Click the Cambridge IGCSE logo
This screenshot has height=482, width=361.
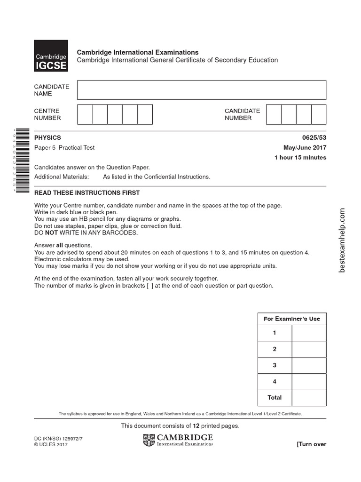click(x=51, y=56)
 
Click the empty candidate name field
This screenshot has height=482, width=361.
click(x=202, y=90)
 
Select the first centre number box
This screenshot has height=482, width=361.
click(x=85, y=114)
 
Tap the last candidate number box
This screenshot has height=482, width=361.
click(x=319, y=114)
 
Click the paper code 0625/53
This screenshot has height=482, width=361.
click(x=315, y=138)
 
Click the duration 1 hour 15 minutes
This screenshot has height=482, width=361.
click(x=300, y=158)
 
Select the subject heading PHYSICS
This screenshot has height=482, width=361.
click(x=47, y=138)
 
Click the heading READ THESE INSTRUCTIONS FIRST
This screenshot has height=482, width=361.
click(x=87, y=193)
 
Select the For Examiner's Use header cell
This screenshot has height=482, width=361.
click(x=292, y=319)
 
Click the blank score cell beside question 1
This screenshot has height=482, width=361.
click(x=309, y=333)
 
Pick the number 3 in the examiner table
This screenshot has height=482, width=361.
click(x=275, y=365)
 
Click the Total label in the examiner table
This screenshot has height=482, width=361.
click(x=275, y=397)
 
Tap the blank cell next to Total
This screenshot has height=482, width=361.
click(x=309, y=397)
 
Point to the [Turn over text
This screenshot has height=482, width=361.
click(x=311, y=444)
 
